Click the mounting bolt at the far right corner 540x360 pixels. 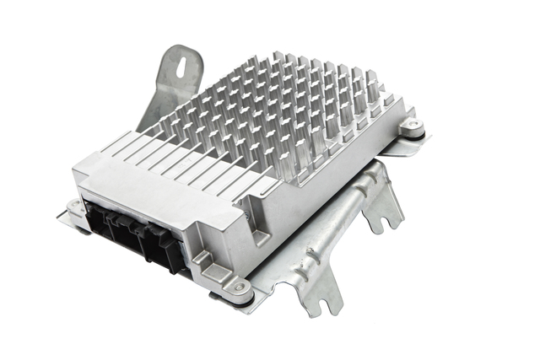tap(412, 127)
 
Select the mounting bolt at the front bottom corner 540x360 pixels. tap(240, 288)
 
